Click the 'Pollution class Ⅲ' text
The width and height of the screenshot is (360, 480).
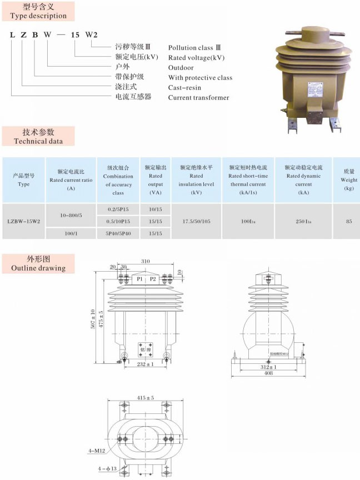click(197, 48)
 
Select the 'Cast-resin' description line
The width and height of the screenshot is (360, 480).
click(184, 88)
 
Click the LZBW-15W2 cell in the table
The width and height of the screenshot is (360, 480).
click(24, 221)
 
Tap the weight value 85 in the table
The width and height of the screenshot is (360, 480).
click(349, 221)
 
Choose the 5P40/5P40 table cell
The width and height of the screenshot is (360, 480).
click(118, 234)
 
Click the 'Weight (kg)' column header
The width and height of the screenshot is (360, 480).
click(349, 180)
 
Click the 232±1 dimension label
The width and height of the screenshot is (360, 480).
click(146, 364)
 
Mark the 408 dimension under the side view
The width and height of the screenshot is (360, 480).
click(268, 373)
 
